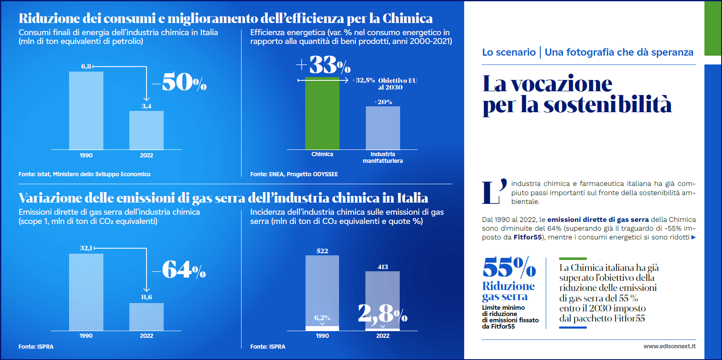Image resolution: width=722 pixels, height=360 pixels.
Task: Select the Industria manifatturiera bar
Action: click(383, 128)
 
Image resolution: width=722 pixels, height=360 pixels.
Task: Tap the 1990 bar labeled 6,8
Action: click(86, 111)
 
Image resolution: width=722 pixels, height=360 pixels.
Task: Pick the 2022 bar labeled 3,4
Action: click(146, 130)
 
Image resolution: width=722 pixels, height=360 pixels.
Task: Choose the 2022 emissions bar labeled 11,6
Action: click(146, 317)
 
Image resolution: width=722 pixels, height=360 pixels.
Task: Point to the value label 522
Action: click(322, 251)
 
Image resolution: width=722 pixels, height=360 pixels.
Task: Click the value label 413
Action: click(383, 267)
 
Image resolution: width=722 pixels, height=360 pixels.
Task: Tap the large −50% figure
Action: click(180, 82)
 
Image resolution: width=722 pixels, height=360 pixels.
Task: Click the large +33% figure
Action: click(324, 65)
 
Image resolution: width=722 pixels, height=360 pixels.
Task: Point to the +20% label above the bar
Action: click(383, 102)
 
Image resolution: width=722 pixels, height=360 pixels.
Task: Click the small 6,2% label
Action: click(322, 318)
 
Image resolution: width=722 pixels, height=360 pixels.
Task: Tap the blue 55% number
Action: click(509, 267)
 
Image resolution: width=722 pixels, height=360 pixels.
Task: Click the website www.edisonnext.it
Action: click(669, 346)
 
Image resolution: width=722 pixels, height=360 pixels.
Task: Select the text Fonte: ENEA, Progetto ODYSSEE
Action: click(294, 174)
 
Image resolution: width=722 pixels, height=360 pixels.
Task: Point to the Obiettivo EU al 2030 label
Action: click(397, 84)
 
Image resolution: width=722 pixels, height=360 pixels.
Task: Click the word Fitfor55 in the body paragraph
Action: click(527, 237)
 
